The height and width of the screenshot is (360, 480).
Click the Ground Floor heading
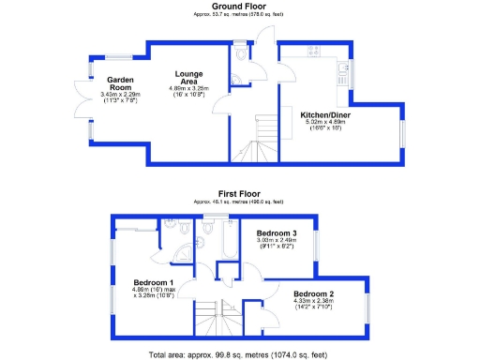point(240,6)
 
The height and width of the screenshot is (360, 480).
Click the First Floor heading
point(240,194)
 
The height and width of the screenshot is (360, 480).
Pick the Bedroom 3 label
point(278,232)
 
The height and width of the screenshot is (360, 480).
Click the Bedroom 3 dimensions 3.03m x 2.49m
point(278,242)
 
